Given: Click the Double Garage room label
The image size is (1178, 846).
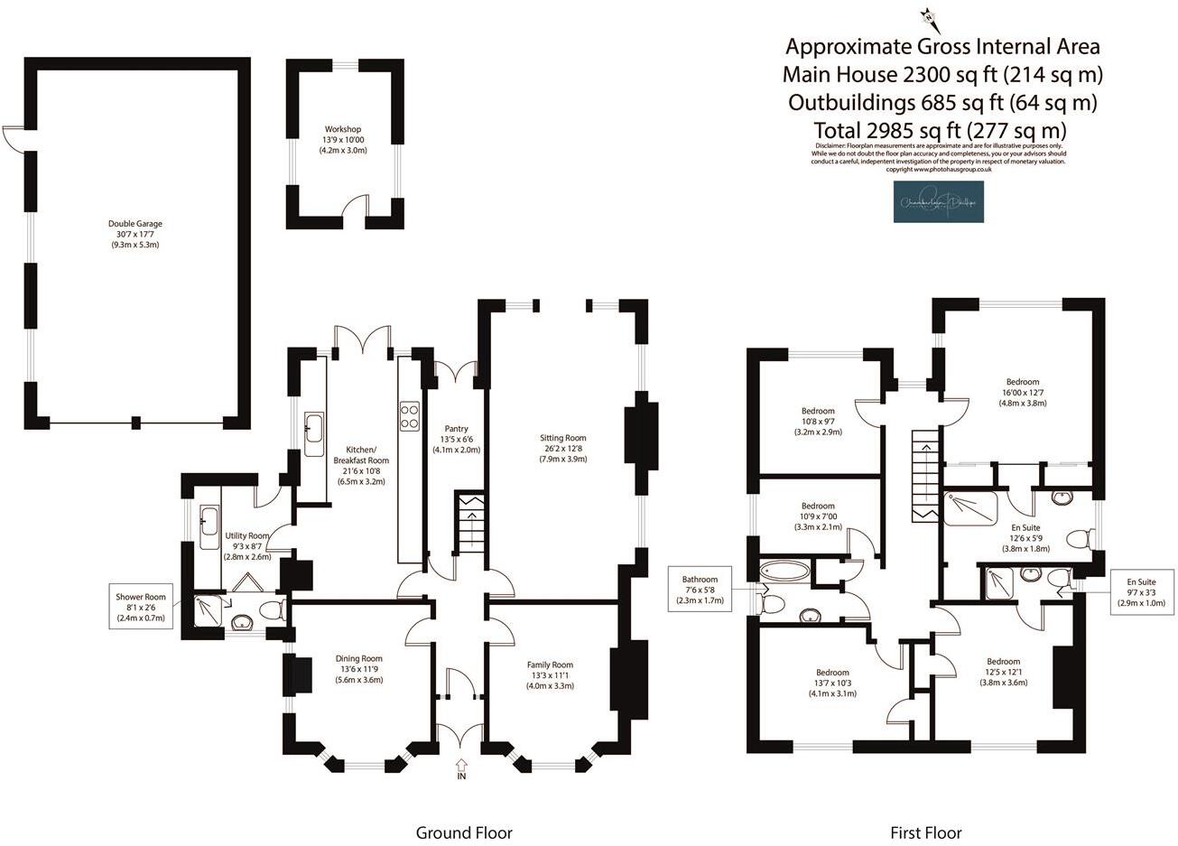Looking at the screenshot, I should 134,234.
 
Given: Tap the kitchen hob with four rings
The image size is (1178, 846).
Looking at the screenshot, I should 408,414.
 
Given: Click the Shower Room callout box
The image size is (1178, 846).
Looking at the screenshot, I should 141,607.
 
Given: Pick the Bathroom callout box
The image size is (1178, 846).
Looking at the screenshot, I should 700,590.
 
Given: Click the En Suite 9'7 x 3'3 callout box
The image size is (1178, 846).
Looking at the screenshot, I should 1141,592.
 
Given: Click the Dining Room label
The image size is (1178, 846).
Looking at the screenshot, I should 359,669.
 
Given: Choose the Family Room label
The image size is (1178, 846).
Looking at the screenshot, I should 551,675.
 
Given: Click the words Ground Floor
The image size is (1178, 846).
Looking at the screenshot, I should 463,832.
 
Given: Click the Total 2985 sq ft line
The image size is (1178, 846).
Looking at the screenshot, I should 940,129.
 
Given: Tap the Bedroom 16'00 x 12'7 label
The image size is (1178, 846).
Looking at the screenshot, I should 1020,393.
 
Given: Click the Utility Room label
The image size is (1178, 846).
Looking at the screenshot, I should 246,546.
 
